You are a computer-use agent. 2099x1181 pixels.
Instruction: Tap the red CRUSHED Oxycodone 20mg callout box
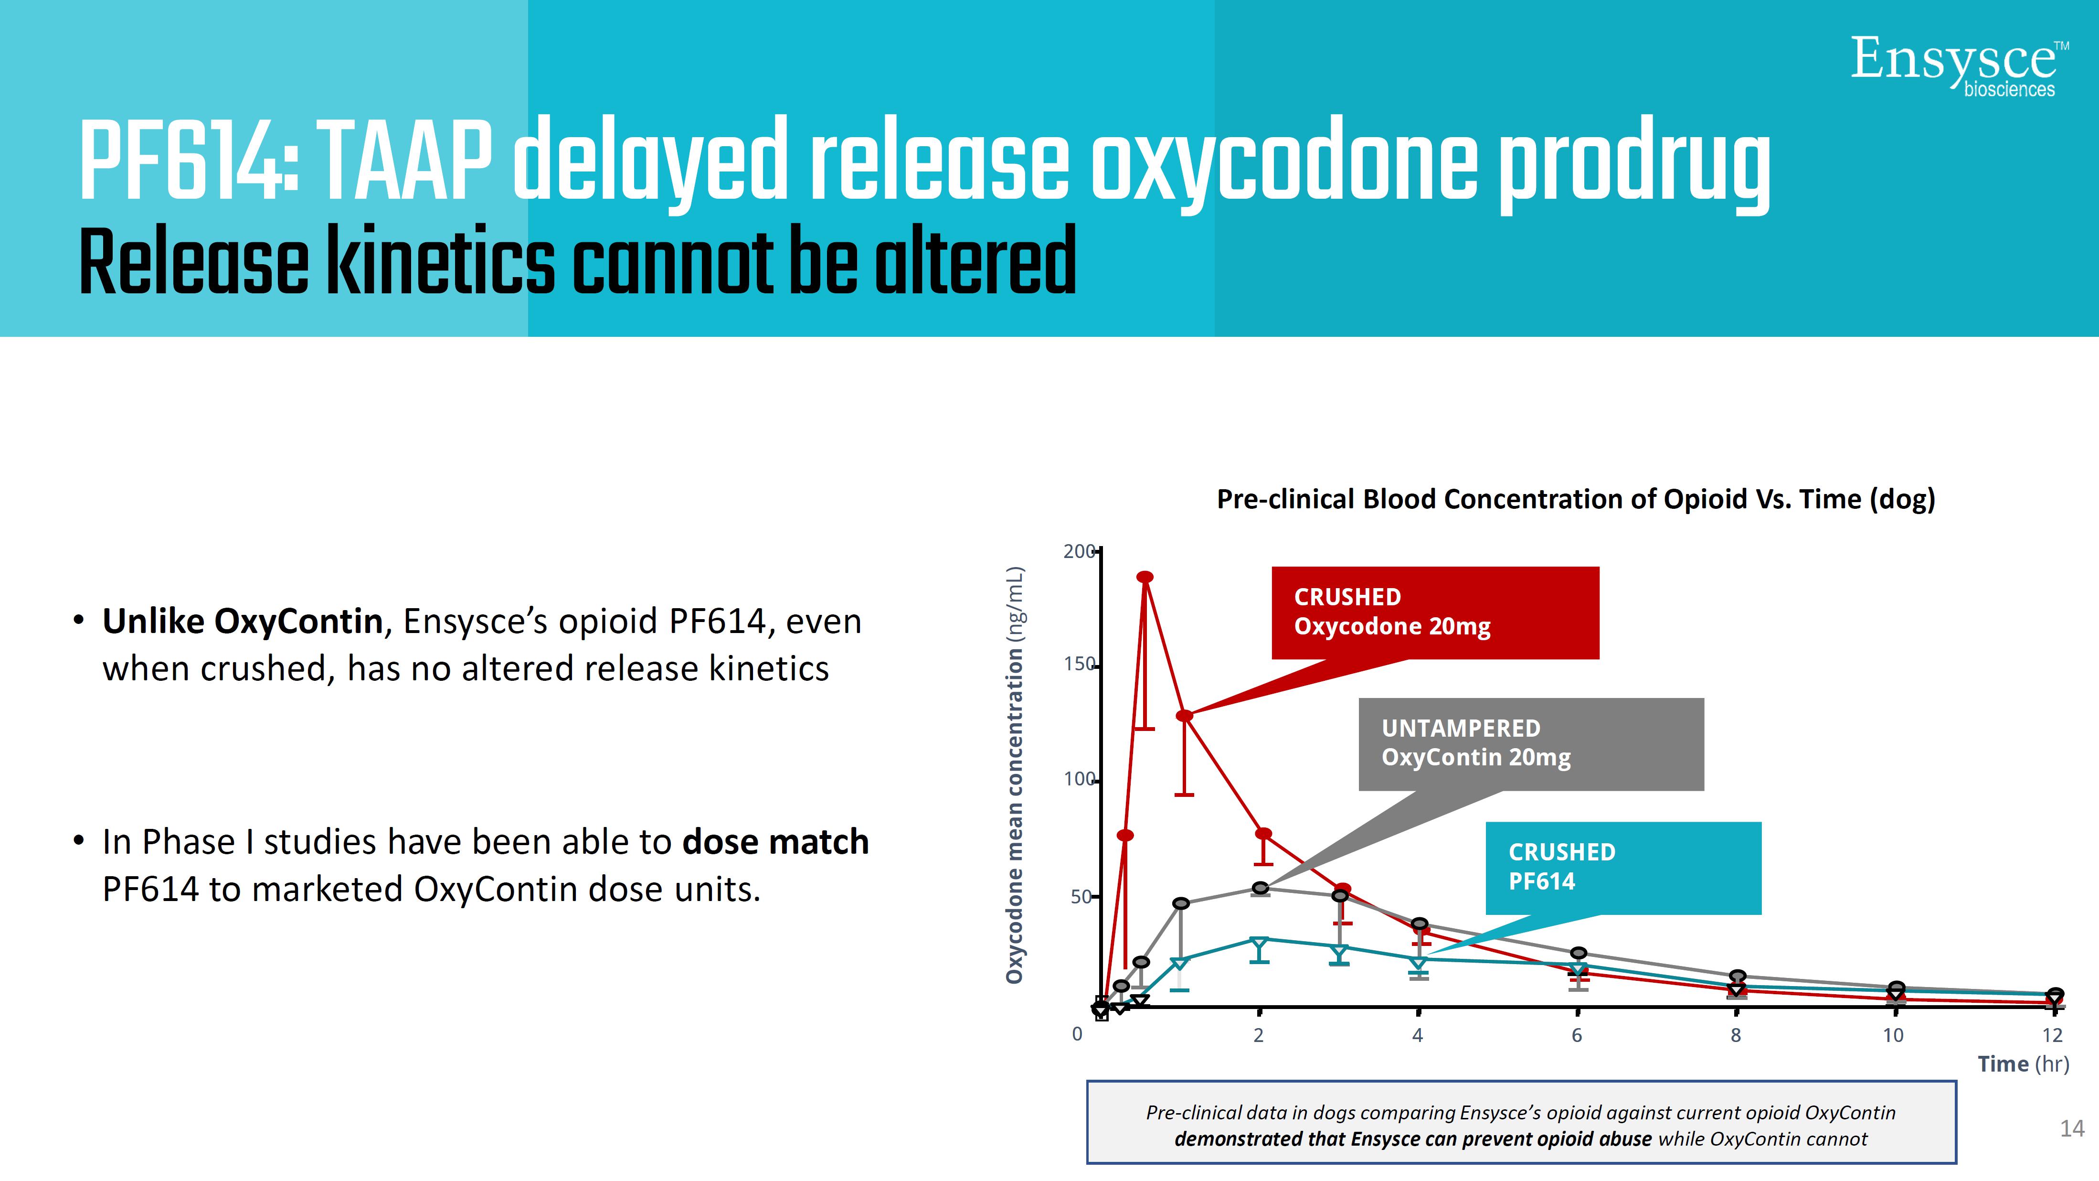click(x=1435, y=612)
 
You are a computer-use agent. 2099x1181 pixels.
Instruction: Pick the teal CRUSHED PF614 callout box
click(x=1623, y=867)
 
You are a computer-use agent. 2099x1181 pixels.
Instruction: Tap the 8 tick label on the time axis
click(x=1736, y=1035)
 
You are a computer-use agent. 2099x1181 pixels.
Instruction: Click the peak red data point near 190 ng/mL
click(x=1145, y=577)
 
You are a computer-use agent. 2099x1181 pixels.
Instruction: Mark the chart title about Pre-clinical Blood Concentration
click(x=1576, y=499)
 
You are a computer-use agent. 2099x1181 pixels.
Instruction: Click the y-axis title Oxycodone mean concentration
click(x=1015, y=775)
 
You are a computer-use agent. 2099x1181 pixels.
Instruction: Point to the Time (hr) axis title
click(x=2023, y=1063)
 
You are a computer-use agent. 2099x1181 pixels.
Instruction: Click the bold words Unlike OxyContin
click(x=243, y=621)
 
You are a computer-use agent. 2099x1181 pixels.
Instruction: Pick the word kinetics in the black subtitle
click(x=441, y=262)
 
